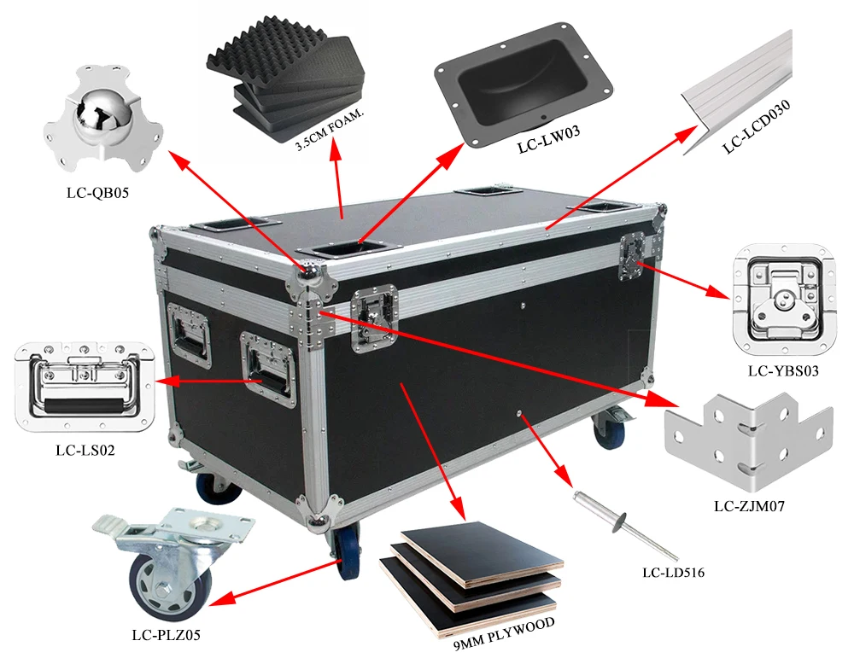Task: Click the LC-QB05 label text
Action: pos(97,193)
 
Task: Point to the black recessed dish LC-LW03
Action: pos(524,85)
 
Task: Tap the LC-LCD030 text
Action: pos(757,129)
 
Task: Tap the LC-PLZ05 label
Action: pos(167,635)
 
